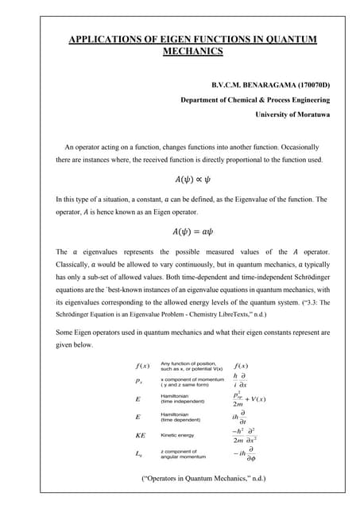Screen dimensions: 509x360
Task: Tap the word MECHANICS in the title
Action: point(192,52)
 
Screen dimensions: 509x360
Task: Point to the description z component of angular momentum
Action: point(180,455)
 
